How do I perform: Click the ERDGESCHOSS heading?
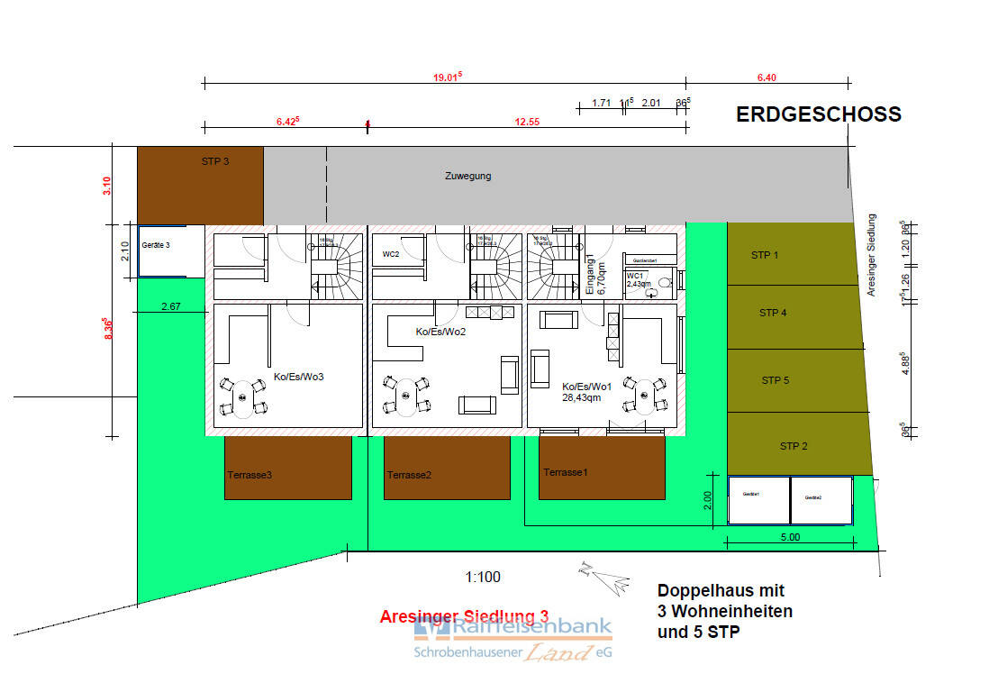(818, 114)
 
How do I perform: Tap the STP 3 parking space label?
(215, 162)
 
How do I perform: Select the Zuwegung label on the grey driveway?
(468, 176)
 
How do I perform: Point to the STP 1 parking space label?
(765, 255)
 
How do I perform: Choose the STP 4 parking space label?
(773, 313)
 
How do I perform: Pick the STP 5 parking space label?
(775, 380)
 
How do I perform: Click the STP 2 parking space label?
(794, 446)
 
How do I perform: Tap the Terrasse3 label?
(250, 475)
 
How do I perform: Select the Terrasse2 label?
(409, 475)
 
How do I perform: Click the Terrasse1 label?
(565, 472)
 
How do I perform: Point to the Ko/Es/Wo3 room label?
(298, 377)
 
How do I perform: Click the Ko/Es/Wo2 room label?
(440, 332)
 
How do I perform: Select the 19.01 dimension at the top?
(446, 77)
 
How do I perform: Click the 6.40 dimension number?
(767, 77)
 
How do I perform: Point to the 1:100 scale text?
(482, 578)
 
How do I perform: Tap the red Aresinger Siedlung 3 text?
(464, 616)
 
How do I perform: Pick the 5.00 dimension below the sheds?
(789, 537)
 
